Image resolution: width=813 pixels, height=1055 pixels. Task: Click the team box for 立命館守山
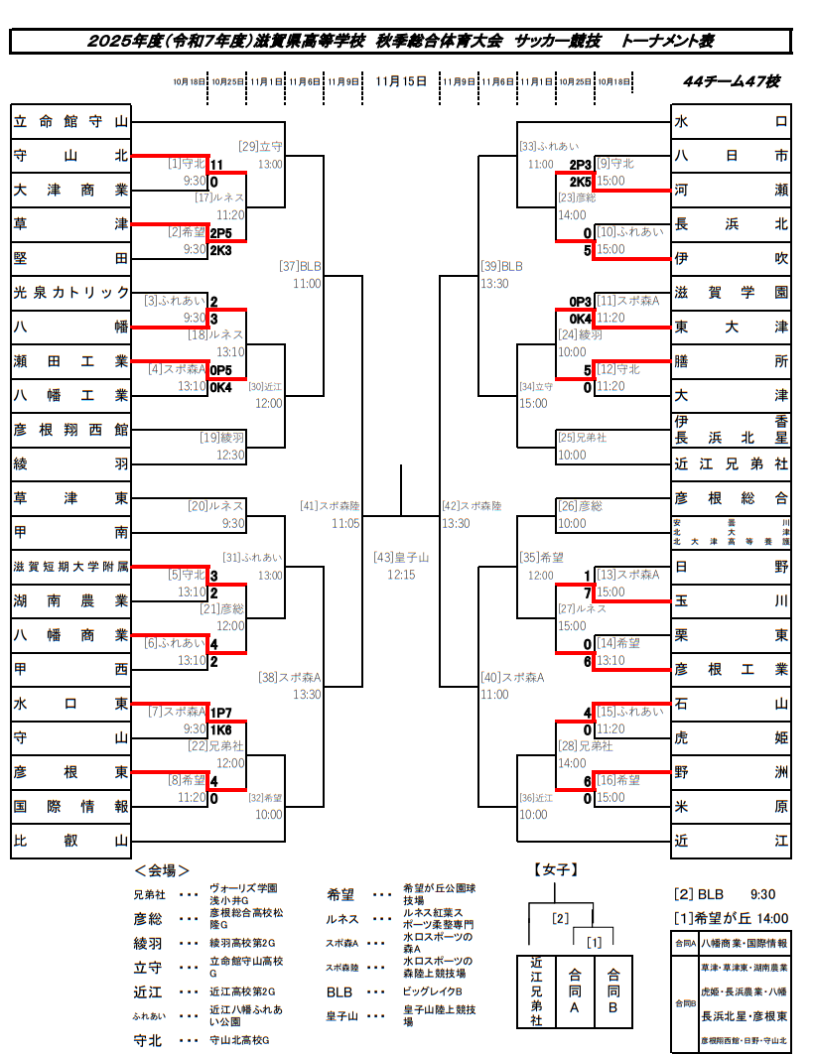click(x=70, y=121)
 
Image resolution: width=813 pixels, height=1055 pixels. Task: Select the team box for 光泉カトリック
click(x=70, y=292)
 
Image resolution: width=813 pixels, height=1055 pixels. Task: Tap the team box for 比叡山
click(x=70, y=841)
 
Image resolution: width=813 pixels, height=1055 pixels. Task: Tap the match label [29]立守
click(x=261, y=147)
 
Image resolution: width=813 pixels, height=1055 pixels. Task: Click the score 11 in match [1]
click(x=215, y=165)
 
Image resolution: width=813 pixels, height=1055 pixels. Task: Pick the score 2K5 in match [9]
click(x=580, y=182)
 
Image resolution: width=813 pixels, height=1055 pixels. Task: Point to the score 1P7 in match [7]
click(x=219, y=713)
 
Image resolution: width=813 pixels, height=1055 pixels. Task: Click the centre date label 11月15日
click(x=401, y=81)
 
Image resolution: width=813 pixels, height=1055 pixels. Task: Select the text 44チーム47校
click(x=730, y=81)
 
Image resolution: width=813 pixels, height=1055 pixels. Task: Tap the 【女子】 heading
click(x=555, y=870)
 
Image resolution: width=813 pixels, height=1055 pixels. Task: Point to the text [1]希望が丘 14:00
click(x=730, y=918)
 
